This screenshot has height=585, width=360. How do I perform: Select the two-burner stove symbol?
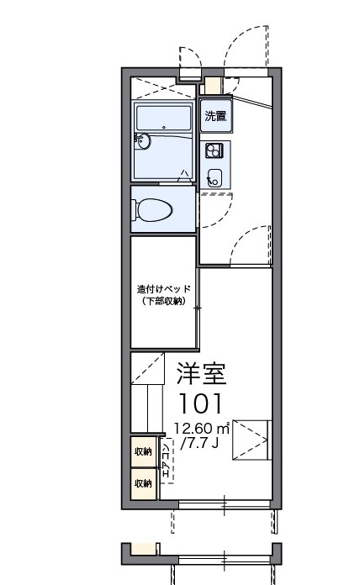pyautogui.click(x=214, y=151)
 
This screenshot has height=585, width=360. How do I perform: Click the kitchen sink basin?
pyautogui.click(x=214, y=177)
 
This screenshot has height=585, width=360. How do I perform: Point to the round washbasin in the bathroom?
pyautogui.click(x=142, y=141)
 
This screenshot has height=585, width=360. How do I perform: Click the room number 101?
pyautogui.click(x=201, y=401)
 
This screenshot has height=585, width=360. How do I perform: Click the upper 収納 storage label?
pyautogui.click(x=143, y=452)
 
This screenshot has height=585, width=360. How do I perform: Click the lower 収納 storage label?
pyautogui.click(x=143, y=482)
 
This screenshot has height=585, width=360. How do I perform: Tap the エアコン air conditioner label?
pyautogui.click(x=166, y=462)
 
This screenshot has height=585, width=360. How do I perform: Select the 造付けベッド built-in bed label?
pyautogui.click(x=164, y=289)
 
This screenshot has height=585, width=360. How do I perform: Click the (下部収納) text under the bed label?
pyautogui.click(x=164, y=301)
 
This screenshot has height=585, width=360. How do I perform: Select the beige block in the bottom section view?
pyautogui.click(x=145, y=549)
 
